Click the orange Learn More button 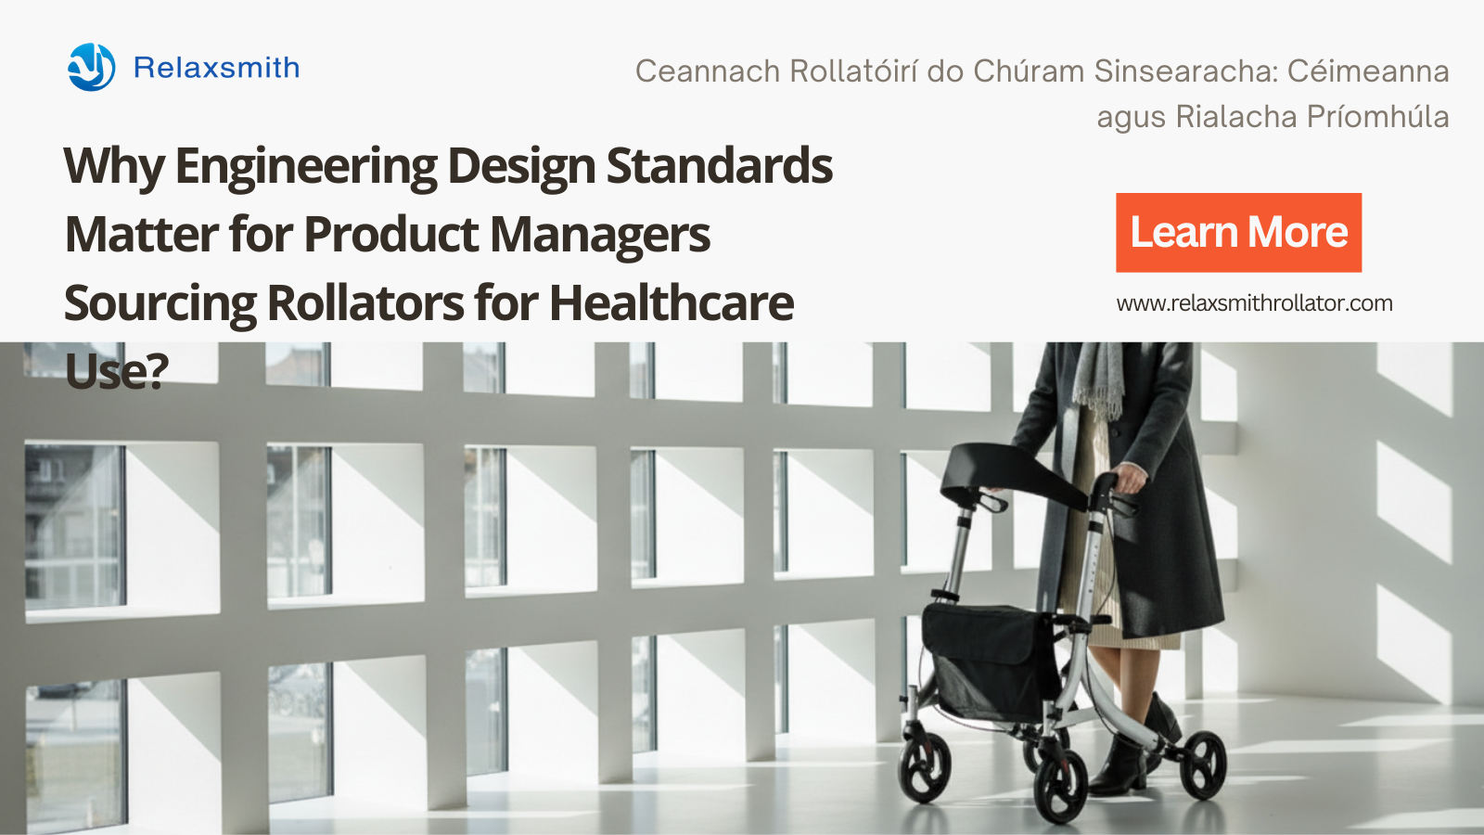click(x=1238, y=233)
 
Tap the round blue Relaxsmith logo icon click(x=92, y=67)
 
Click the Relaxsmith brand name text click(x=217, y=68)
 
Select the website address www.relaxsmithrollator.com click(x=1254, y=303)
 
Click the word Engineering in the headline click(x=305, y=166)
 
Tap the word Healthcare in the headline click(x=672, y=302)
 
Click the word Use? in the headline click(x=117, y=371)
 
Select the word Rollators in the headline click(x=365, y=302)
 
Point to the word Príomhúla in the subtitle click(x=1378, y=118)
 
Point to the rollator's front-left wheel click(x=1061, y=788)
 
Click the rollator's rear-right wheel click(x=1202, y=764)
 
